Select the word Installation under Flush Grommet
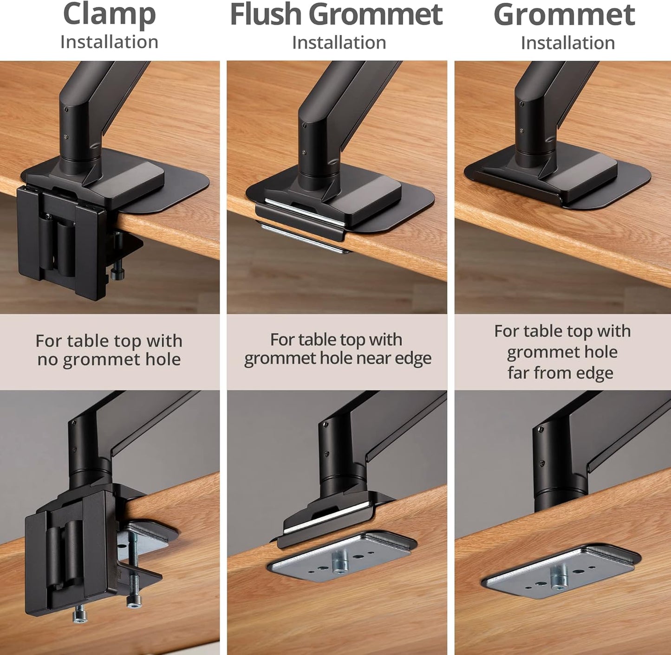point(339,43)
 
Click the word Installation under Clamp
point(109,42)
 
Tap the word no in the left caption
point(48,360)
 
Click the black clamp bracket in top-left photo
point(60,241)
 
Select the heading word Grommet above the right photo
point(564,15)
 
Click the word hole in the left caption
point(162,360)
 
